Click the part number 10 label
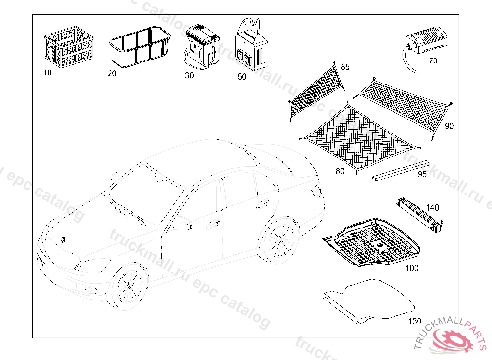click(47, 73)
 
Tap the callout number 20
click(112, 73)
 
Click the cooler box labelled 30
click(201, 46)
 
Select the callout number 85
click(345, 67)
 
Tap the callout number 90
click(449, 126)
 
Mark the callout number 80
click(340, 171)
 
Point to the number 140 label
click(432, 208)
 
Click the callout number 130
click(414, 321)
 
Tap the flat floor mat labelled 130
click(370, 300)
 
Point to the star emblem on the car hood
click(63, 239)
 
